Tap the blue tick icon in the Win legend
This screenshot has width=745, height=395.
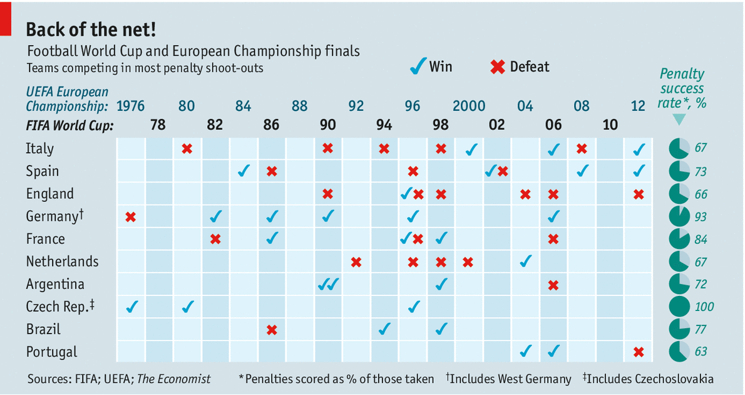coord(418,66)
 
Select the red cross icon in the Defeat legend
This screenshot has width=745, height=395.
coord(498,66)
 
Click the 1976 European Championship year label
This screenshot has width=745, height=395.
coord(130,106)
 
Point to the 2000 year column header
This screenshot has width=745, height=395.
coord(469,106)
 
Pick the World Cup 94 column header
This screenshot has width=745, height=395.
coord(384,125)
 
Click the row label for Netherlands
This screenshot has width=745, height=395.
coord(62,261)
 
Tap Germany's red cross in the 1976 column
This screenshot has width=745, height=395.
coord(130,217)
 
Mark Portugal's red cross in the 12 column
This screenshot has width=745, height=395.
coord(639,352)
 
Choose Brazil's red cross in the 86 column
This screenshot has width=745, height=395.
coord(272,330)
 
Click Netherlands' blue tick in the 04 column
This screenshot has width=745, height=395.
coord(527,261)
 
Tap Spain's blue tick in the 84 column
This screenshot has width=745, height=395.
coord(244,171)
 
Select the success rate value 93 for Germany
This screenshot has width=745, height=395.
coord(701,217)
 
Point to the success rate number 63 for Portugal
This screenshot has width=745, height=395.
coord(701,352)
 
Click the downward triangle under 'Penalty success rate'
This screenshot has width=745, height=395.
coord(679,119)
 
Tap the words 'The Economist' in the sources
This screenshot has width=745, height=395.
coord(173,379)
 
